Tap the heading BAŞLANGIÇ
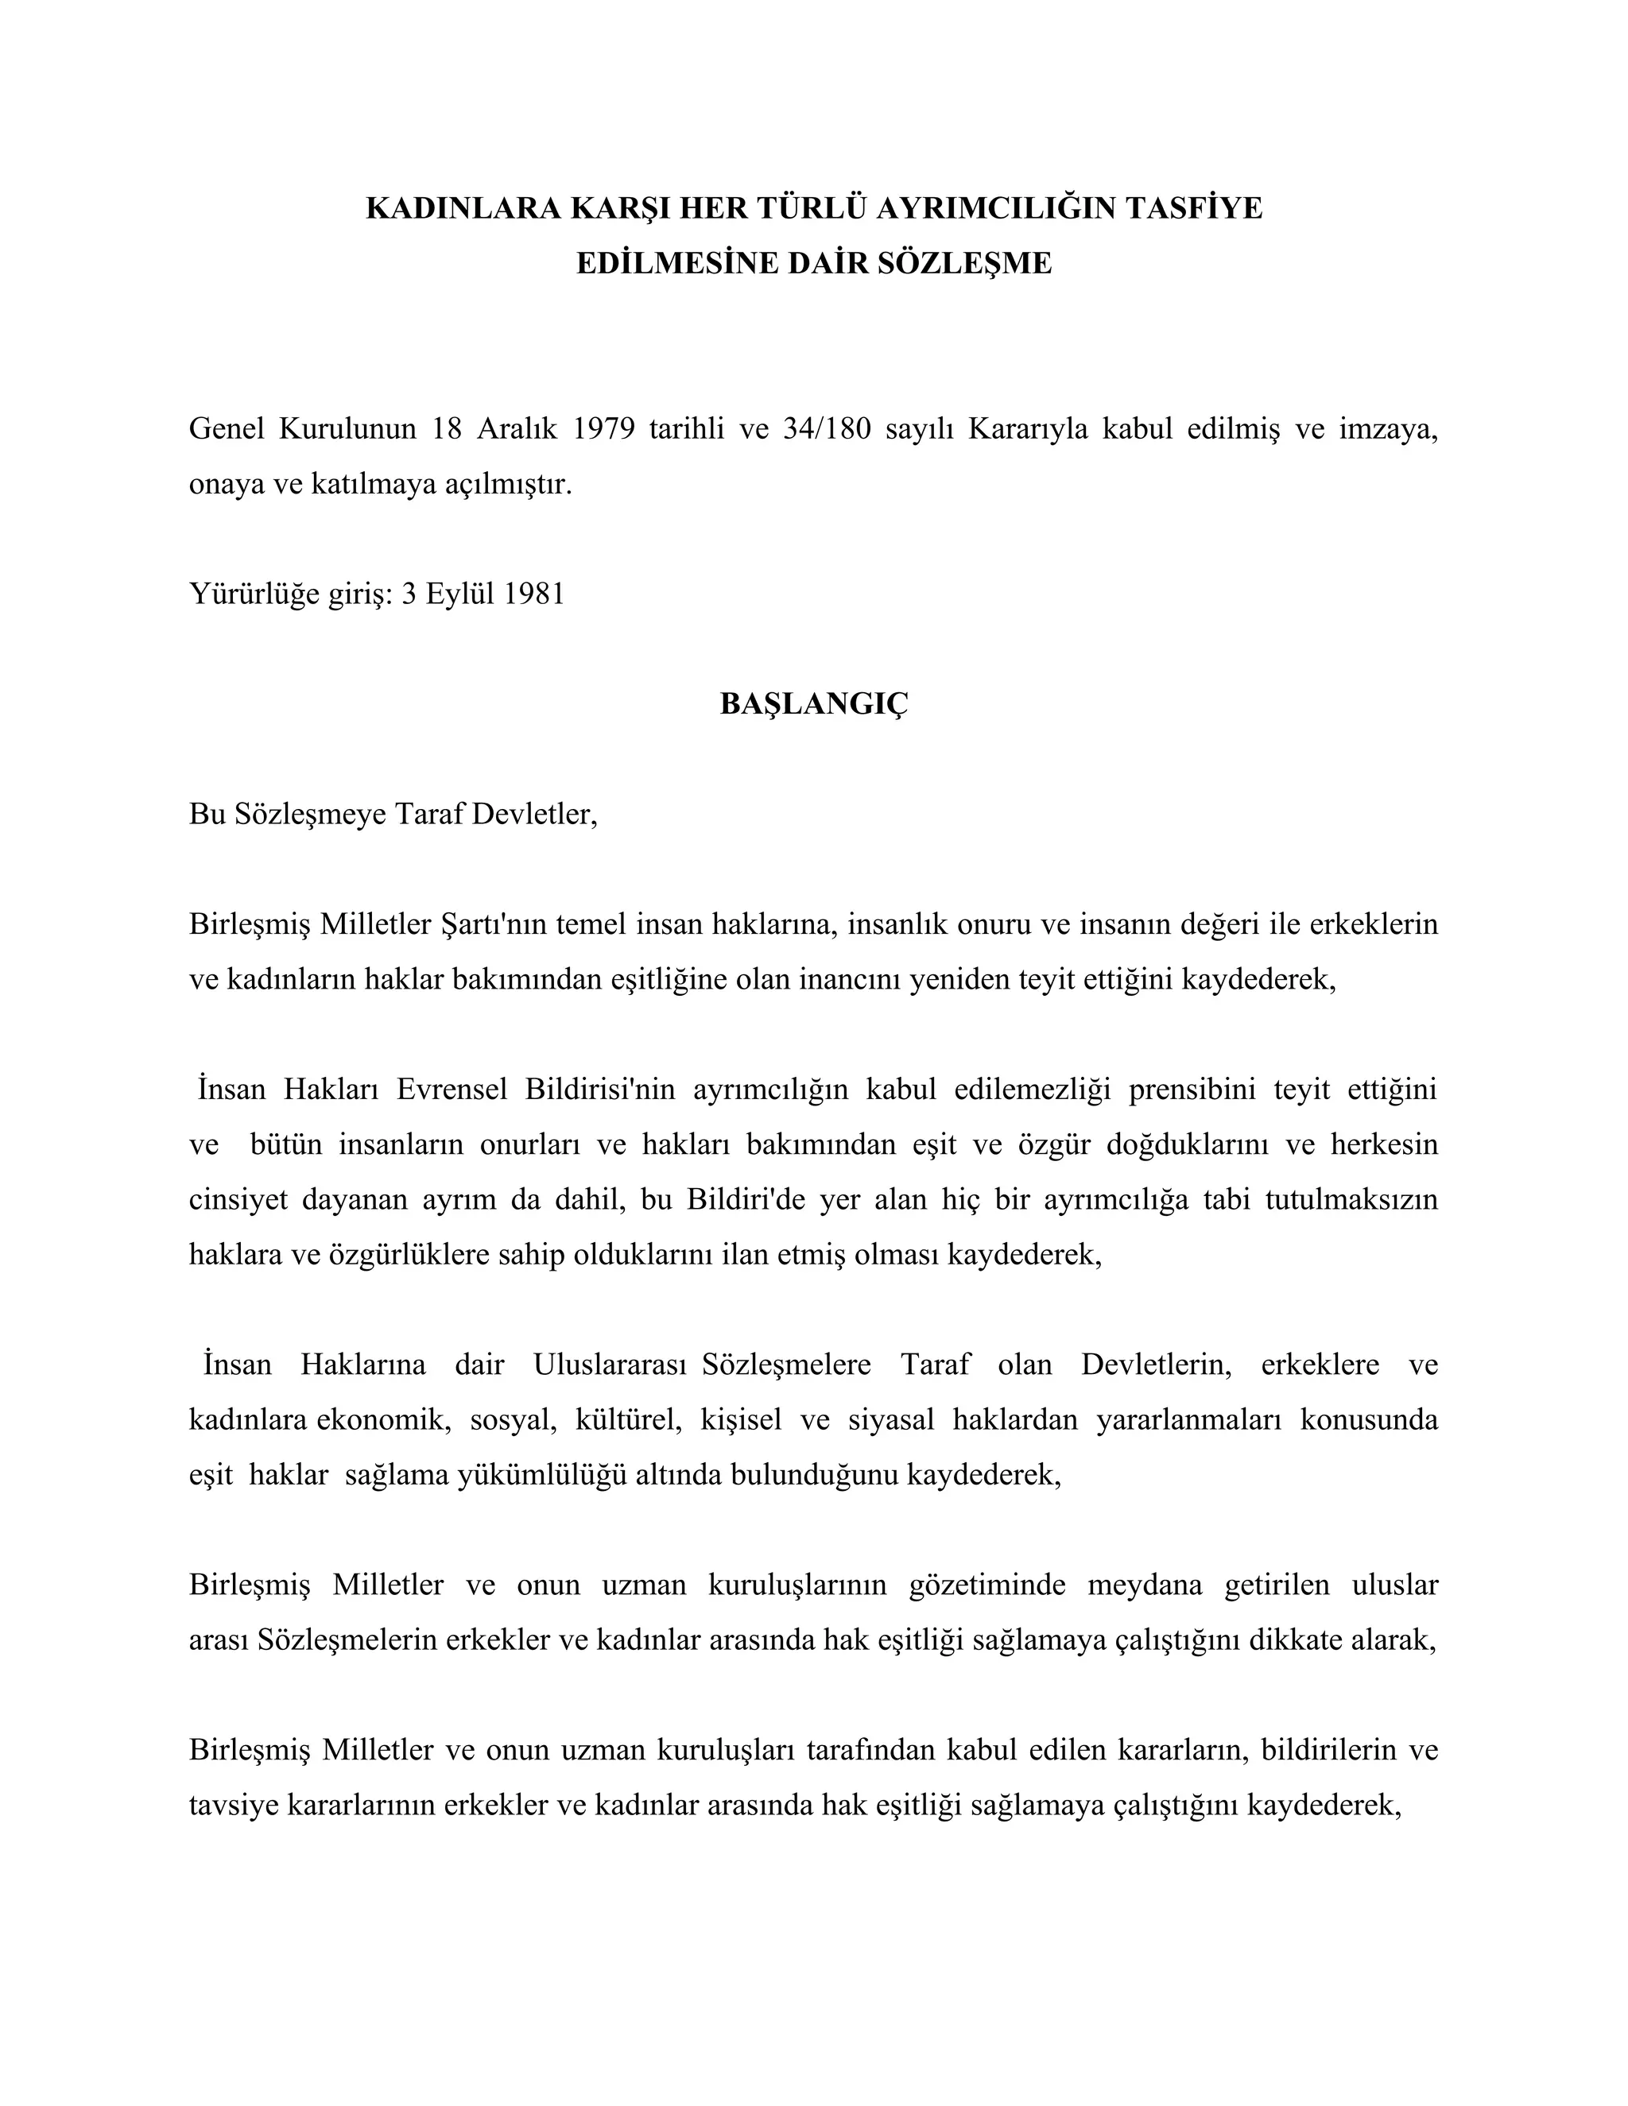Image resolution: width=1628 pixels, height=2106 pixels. tap(814, 704)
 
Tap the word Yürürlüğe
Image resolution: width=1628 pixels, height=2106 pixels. tap(254, 594)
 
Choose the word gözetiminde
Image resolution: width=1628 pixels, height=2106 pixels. tap(987, 1585)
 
